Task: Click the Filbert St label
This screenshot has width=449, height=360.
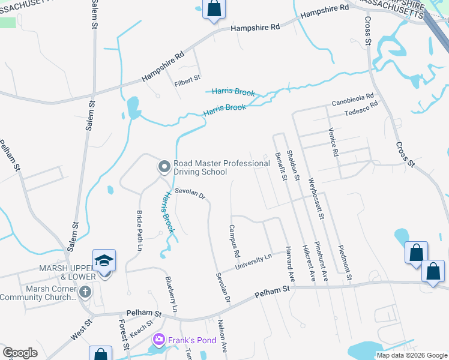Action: click(187, 78)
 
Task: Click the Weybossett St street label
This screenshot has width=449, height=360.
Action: click(316, 198)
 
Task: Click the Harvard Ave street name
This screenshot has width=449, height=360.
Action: click(290, 265)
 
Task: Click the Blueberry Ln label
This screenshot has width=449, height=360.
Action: click(171, 294)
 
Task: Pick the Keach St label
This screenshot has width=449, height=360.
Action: click(142, 328)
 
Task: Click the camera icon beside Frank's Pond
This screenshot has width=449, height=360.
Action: click(159, 340)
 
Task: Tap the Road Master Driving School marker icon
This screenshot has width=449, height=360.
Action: click(164, 166)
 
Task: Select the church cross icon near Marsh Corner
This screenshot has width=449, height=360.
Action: click(85, 292)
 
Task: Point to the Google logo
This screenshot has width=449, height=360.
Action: click(20, 353)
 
